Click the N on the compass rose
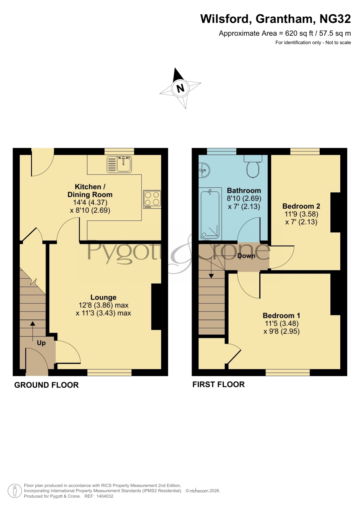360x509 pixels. (x=180, y=88)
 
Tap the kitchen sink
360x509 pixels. (x=119, y=164)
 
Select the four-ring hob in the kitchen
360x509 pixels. (x=152, y=199)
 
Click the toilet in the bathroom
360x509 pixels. (x=253, y=166)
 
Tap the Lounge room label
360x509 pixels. (x=103, y=297)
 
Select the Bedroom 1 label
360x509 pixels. (x=281, y=316)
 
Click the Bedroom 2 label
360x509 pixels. (x=301, y=206)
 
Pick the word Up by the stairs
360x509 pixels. (x=41, y=343)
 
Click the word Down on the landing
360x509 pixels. (x=246, y=256)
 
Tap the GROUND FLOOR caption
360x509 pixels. (x=46, y=385)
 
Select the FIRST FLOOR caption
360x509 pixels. (x=218, y=385)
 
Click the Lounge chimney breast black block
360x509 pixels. (x=156, y=307)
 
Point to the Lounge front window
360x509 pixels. (x=109, y=372)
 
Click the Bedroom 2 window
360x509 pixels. (x=305, y=151)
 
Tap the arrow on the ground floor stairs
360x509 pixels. (x=32, y=331)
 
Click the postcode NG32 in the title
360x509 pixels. (x=335, y=19)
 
